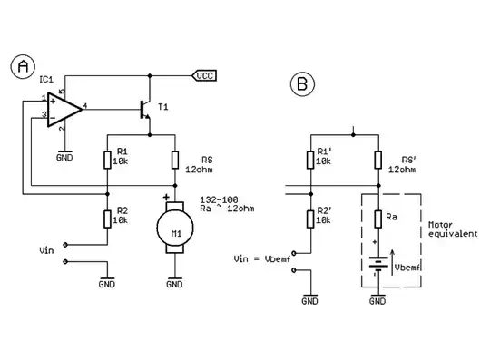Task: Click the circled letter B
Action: tap(302, 85)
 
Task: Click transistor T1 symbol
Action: tap(144, 110)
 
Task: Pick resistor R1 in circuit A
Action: tap(108, 161)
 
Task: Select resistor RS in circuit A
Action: tap(173, 161)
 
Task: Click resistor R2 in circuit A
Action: tap(108, 218)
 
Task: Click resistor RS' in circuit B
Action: tap(377, 161)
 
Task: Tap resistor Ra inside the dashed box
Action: tap(377, 219)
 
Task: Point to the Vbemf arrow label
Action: tap(407, 268)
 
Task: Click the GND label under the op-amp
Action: tap(64, 156)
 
